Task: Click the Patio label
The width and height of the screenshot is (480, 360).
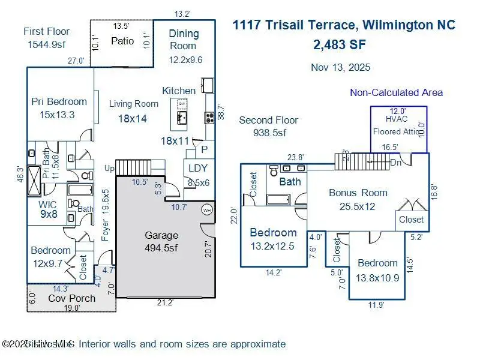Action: [x=122, y=41]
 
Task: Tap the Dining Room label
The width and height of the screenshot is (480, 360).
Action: [x=183, y=39]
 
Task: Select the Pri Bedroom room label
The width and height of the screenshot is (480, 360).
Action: [x=59, y=101]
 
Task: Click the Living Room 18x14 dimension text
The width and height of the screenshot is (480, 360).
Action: [x=132, y=119]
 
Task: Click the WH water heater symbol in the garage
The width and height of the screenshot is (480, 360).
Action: [x=207, y=210]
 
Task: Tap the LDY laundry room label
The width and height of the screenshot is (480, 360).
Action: [x=197, y=169]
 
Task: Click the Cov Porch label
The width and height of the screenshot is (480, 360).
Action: [x=71, y=298]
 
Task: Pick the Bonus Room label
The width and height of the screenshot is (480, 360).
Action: [x=358, y=193]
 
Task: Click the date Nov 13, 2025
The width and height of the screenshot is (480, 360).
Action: [x=341, y=67]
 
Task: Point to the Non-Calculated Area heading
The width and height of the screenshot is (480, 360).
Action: [x=396, y=92]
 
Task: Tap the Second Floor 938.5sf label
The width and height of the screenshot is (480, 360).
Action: [x=268, y=126]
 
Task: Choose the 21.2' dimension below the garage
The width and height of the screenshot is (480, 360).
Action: [x=165, y=302]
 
